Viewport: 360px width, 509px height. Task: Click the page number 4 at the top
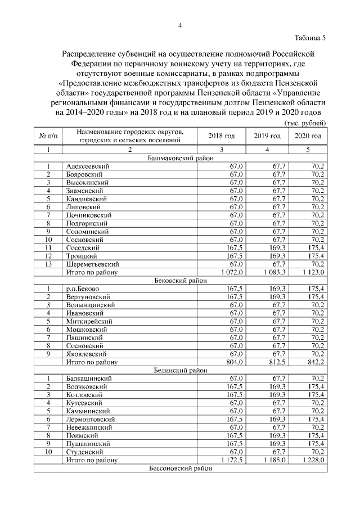(x=179, y=25)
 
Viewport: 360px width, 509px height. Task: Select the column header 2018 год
(x=222, y=136)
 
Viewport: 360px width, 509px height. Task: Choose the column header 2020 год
(x=308, y=136)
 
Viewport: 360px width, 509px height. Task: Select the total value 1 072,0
(x=231, y=272)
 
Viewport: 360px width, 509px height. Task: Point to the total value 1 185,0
(x=273, y=460)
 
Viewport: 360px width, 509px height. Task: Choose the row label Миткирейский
(x=89, y=321)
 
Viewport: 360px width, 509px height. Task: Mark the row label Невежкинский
(x=89, y=427)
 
